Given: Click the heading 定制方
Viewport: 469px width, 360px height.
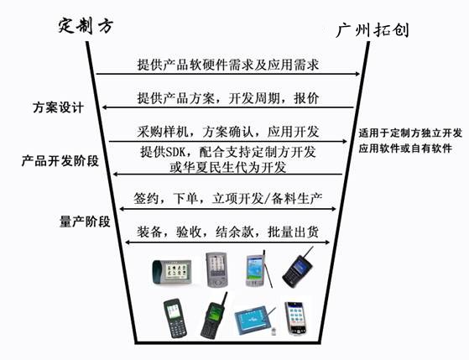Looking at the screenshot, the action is (x=86, y=25).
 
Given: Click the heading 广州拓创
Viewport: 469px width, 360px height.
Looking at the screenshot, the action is (x=373, y=30).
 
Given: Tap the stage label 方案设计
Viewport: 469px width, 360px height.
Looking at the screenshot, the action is (x=58, y=107).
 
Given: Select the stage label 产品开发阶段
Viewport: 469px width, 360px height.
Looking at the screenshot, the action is (x=60, y=161).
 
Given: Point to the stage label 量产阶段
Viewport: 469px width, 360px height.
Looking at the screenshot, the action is (x=85, y=222).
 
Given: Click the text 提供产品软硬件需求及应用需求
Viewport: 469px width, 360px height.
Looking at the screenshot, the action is (x=228, y=65).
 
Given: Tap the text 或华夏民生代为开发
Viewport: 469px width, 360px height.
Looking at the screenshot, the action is (x=228, y=167).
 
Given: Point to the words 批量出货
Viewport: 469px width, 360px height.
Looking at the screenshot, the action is (x=293, y=232).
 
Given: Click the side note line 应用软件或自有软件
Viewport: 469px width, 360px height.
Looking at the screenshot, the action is (x=405, y=149).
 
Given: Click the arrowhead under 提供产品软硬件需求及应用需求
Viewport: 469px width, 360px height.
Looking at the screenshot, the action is (x=357, y=74).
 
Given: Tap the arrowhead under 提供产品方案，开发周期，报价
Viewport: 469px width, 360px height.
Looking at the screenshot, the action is (x=105, y=107).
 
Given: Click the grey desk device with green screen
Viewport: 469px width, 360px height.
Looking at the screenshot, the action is (x=172, y=272).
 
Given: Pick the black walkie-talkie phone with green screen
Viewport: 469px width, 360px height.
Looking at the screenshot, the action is (x=214, y=316).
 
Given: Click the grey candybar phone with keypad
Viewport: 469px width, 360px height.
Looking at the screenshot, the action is (x=175, y=318).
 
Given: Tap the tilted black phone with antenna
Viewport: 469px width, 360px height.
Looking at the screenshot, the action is (x=298, y=268).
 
